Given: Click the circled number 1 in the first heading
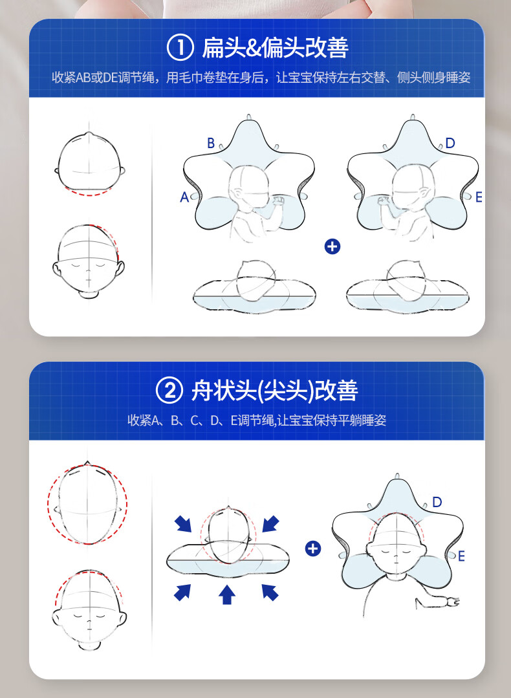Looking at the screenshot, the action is (180, 48).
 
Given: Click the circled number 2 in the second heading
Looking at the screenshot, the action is (169, 390).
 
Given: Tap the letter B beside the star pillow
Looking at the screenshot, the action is (211, 144).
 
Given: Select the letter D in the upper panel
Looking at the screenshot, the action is (450, 144).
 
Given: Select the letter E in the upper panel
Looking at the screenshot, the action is (479, 197).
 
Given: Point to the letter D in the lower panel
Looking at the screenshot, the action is (437, 502).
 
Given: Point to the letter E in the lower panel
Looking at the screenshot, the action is (461, 556).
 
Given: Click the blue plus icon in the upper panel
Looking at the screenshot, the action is (332, 246).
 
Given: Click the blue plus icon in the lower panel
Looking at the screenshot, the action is (313, 549).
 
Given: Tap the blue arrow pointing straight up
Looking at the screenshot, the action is (227, 594).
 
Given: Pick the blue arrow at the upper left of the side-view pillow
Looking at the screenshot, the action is (183, 524).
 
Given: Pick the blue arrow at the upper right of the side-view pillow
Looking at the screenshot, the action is (270, 524).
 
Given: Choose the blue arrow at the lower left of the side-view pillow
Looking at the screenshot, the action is (182, 593).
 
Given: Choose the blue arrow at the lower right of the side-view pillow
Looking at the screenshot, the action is (270, 593).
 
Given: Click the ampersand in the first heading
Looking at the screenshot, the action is (254, 49).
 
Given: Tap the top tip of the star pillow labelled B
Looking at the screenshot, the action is (249, 116).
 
